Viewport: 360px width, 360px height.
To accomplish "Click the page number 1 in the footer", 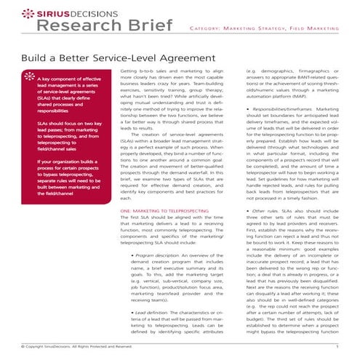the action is (x=337, y=347).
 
